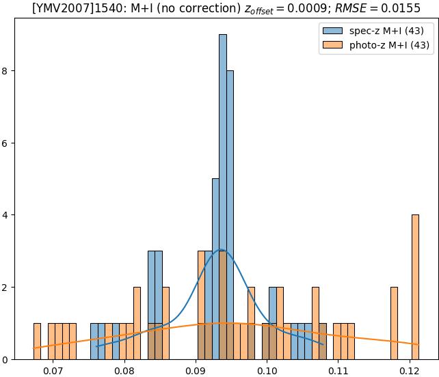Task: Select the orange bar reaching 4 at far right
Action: [415, 287]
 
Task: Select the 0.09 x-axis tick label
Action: [196, 370]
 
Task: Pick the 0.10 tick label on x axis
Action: [267, 370]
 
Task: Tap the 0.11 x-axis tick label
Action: [338, 370]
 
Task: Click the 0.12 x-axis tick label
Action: [410, 370]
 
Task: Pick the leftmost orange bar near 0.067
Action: [37, 341]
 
